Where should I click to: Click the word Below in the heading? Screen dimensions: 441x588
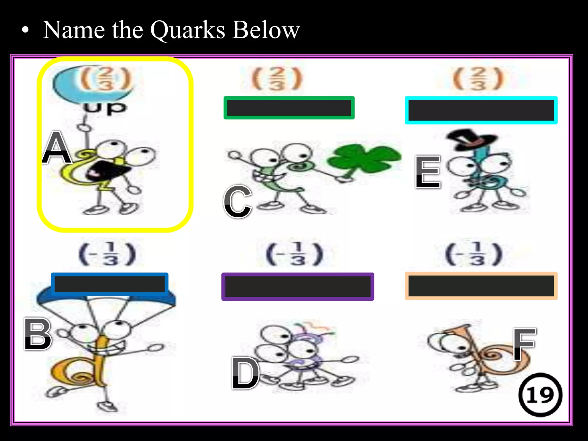(x=266, y=30)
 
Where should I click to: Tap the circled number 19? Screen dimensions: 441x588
(x=540, y=395)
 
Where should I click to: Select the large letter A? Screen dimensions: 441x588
(x=57, y=148)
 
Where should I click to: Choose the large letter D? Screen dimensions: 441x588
(x=246, y=373)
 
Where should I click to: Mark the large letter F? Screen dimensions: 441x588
(x=524, y=344)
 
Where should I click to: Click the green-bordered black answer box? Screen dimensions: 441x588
(x=289, y=108)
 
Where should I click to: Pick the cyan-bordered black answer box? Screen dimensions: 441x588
(x=481, y=110)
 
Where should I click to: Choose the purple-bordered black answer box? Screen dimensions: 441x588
(x=297, y=287)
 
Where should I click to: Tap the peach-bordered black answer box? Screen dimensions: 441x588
(x=481, y=286)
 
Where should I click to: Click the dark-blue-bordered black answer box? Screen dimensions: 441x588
(x=110, y=284)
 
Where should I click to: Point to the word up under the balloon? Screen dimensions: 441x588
(x=105, y=108)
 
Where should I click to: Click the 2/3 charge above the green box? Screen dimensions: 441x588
(x=277, y=78)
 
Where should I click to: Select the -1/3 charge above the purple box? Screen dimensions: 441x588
(x=295, y=254)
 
